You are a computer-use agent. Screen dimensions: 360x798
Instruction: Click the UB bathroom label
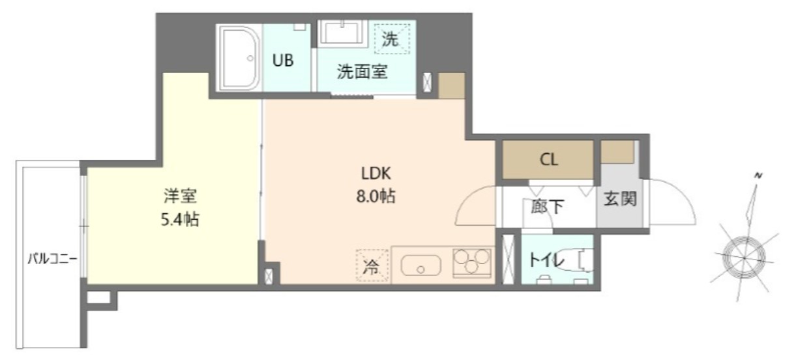pyautogui.click(x=282, y=61)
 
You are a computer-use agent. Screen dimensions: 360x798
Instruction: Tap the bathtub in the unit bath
pyautogui.click(x=239, y=59)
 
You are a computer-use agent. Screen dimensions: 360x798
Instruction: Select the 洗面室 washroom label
pyautogui.click(x=362, y=72)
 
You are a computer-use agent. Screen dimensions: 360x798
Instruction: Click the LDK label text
pyautogui.click(x=376, y=175)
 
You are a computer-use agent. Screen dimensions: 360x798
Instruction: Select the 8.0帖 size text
pyautogui.click(x=376, y=196)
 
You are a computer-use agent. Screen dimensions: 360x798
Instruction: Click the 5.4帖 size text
pyautogui.click(x=179, y=219)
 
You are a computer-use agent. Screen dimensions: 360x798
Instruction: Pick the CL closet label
pyautogui.click(x=549, y=160)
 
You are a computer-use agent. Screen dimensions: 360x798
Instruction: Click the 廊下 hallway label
pyautogui.click(x=548, y=207)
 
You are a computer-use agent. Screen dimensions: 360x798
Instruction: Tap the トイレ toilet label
pyautogui.click(x=546, y=260)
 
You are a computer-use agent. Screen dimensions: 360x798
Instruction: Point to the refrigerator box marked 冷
pyautogui.click(x=371, y=266)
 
